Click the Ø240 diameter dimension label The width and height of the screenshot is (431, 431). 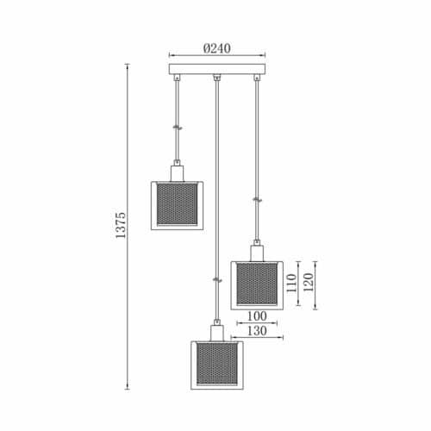(217, 48)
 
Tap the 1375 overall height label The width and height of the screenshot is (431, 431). (121, 225)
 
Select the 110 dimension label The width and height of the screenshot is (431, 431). (291, 283)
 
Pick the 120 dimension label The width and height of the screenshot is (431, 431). (308, 282)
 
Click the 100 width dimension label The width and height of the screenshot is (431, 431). (257, 316)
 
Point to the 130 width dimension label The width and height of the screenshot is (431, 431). (257, 331)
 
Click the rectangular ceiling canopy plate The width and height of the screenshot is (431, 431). (217, 69)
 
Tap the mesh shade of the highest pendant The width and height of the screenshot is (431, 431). (177, 205)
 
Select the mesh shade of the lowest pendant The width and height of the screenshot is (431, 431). (217, 365)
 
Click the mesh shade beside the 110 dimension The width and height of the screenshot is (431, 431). (257, 285)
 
